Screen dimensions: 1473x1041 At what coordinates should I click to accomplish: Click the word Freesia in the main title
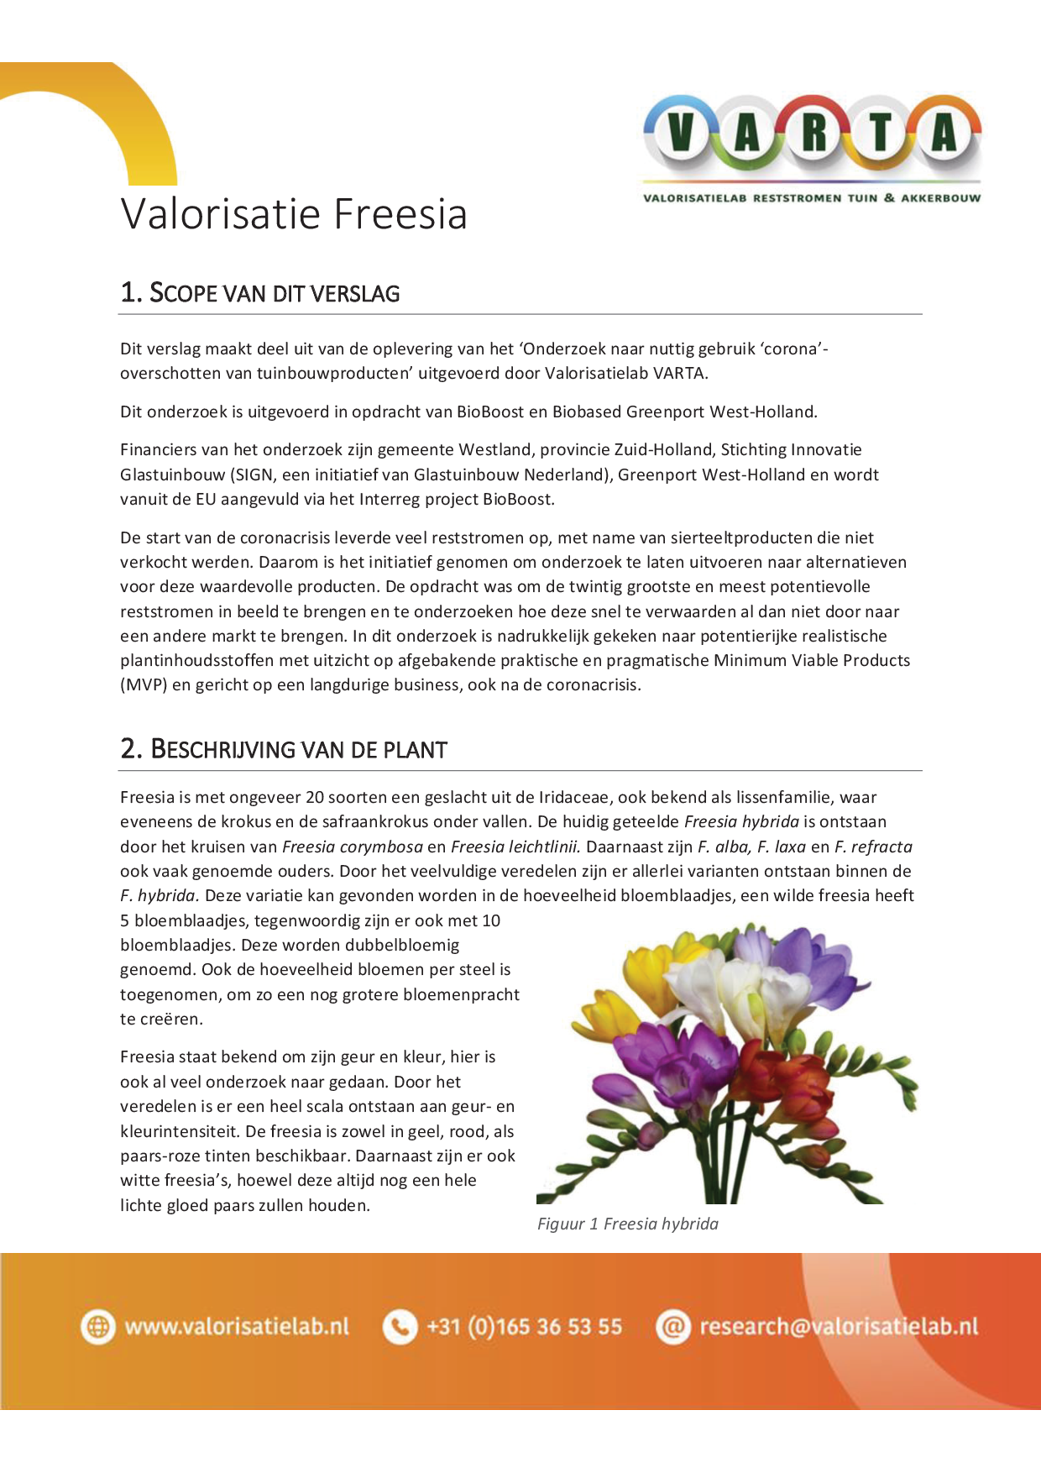[400, 214]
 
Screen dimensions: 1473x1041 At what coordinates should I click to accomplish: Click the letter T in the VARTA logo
[880, 134]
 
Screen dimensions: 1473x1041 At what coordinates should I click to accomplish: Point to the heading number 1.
[130, 292]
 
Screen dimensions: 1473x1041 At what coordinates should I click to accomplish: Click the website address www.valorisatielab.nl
[237, 1327]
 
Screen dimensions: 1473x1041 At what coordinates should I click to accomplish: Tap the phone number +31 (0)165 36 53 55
[525, 1327]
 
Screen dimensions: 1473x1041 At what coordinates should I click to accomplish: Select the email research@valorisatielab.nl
[839, 1327]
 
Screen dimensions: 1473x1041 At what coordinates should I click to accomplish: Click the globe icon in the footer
[98, 1327]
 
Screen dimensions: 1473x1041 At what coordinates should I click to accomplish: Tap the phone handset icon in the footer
[400, 1327]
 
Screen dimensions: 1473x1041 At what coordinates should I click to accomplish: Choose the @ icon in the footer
[672, 1327]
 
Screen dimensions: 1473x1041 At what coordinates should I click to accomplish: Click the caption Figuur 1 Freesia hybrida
[628, 1224]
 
